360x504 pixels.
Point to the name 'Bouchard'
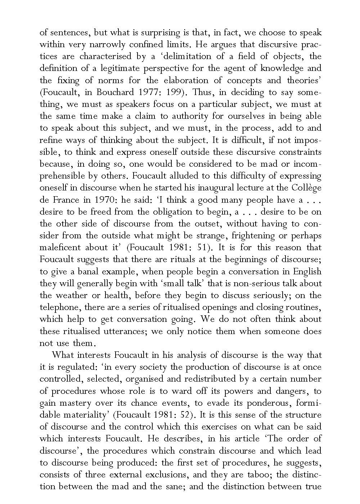(x=114, y=92)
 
